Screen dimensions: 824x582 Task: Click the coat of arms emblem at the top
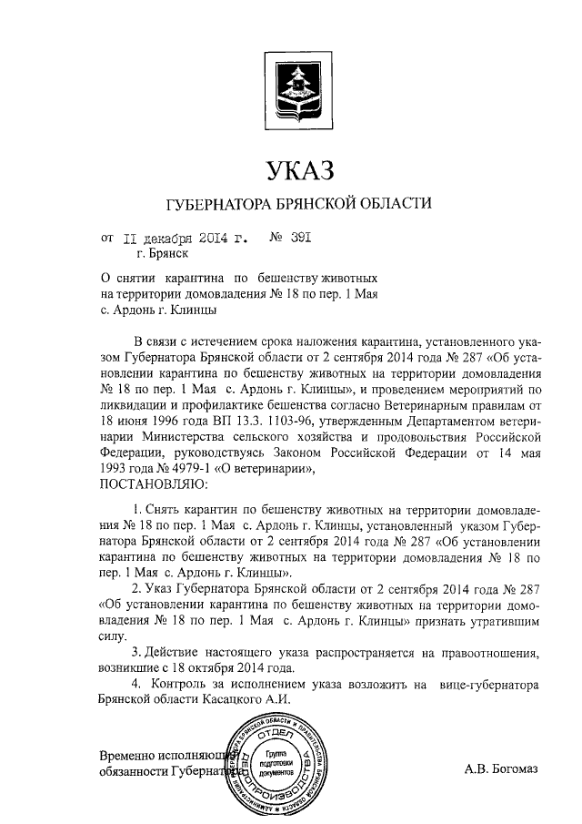pyautogui.click(x=293, y=89)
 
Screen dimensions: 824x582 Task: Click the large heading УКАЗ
pyautogui.click(x=293, y=170)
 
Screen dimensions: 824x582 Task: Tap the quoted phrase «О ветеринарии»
pyautogui.click(x=265, y=469)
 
